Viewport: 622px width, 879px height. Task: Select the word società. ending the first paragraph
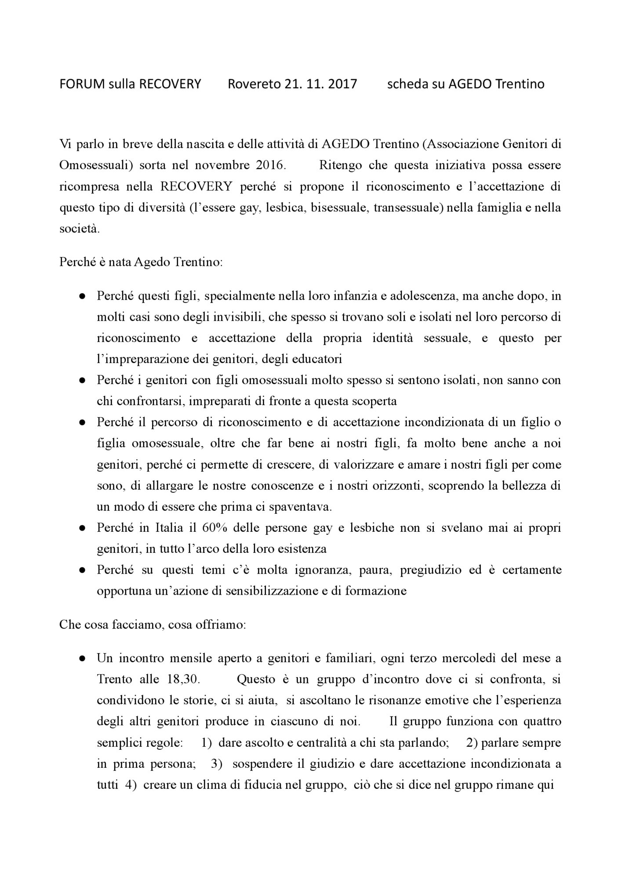(x=80, y=229)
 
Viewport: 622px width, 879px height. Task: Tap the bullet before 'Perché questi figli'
(x=82, y=296)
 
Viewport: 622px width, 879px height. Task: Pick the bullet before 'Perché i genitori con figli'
(x=82, y=381)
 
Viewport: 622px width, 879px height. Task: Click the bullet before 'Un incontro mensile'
(x=82, y=658)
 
